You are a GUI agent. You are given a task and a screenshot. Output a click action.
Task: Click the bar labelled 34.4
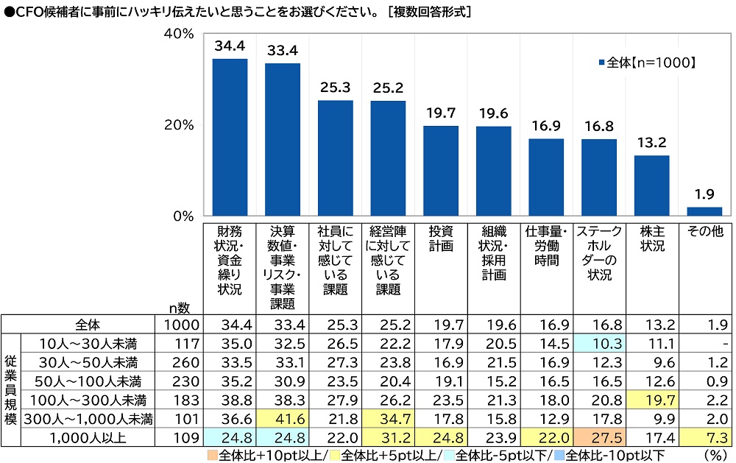(x=230, y=137)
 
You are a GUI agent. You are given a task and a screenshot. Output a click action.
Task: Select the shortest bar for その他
(x=704, y=211)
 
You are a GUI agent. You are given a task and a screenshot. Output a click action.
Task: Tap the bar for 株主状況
(x=651, y=185)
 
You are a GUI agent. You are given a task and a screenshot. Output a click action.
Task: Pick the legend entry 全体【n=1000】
(x=647, y=63)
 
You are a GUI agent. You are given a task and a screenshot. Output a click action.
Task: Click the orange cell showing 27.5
(x=599, y=437)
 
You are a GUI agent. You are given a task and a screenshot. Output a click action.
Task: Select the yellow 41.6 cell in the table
(x=283, y=418)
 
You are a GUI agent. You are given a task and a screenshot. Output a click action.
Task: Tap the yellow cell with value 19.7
(x=652, y=400)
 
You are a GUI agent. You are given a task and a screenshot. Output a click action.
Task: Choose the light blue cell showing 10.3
(x=599, y=343)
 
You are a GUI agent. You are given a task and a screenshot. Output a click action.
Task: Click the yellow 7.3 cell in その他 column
(x=705, y=437)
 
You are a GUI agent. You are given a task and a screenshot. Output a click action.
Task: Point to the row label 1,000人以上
(x=88, y=438)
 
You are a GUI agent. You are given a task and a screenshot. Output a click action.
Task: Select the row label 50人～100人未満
(x=88, y=381)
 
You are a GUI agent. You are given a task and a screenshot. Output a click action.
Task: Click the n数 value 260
(x=186, y=362)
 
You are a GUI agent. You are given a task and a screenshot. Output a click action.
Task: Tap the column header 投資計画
(x=441, y=238)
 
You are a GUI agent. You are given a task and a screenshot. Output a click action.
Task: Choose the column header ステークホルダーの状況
(x=599, y=252)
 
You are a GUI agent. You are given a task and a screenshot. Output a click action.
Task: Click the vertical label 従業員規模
(x=10, y=389)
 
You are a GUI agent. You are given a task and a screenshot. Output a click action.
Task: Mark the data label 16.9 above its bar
(x=546, y=126)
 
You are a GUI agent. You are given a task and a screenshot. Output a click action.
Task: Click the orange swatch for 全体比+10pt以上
(x=212, y=455)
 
